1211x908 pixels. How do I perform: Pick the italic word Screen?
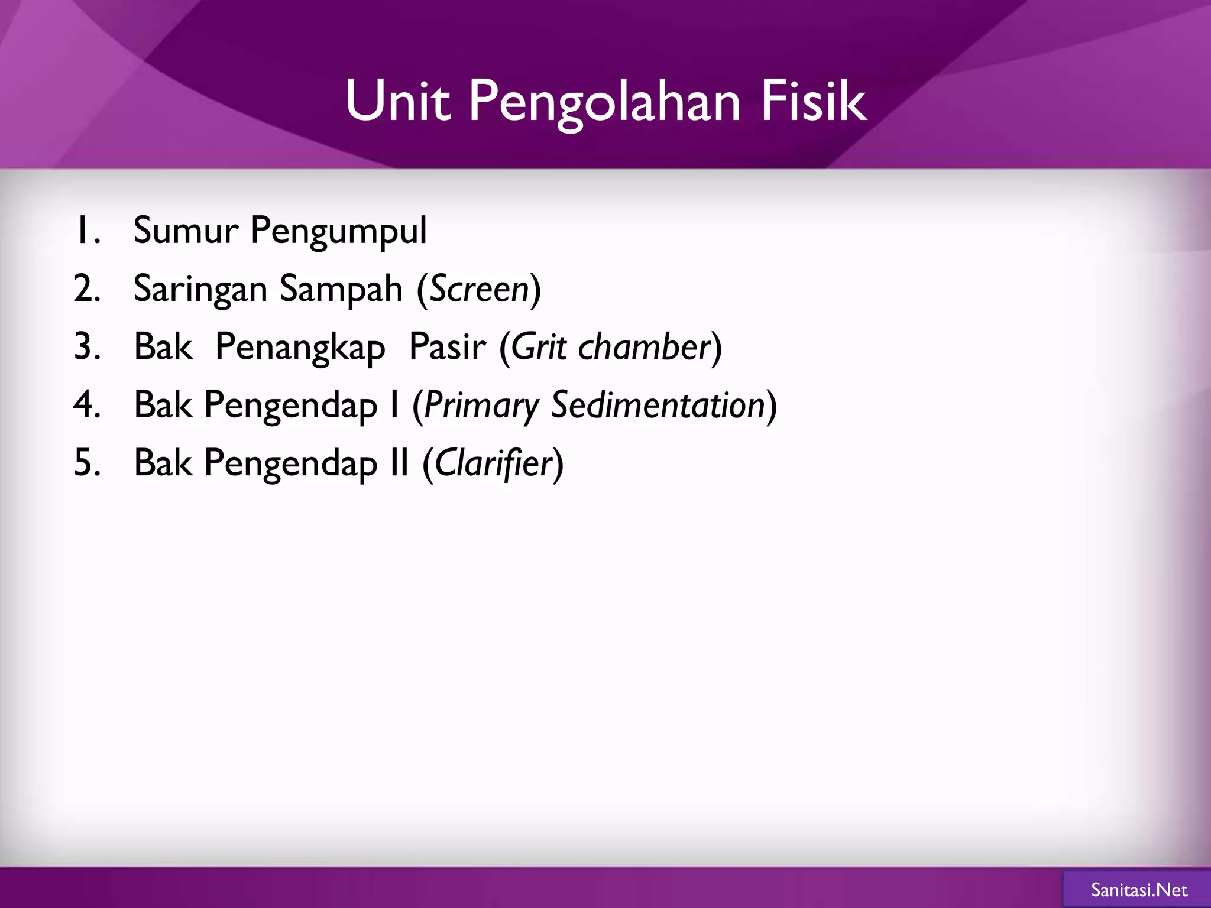tap(479, 290)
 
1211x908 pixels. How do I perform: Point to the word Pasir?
tap(448, 347)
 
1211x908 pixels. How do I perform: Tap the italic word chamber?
tap(644, 347)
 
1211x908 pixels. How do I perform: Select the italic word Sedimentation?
tap(659, 406)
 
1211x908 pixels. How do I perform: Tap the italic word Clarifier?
tap(493, 463)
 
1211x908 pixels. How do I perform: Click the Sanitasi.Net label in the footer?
tap(1139, 890)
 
